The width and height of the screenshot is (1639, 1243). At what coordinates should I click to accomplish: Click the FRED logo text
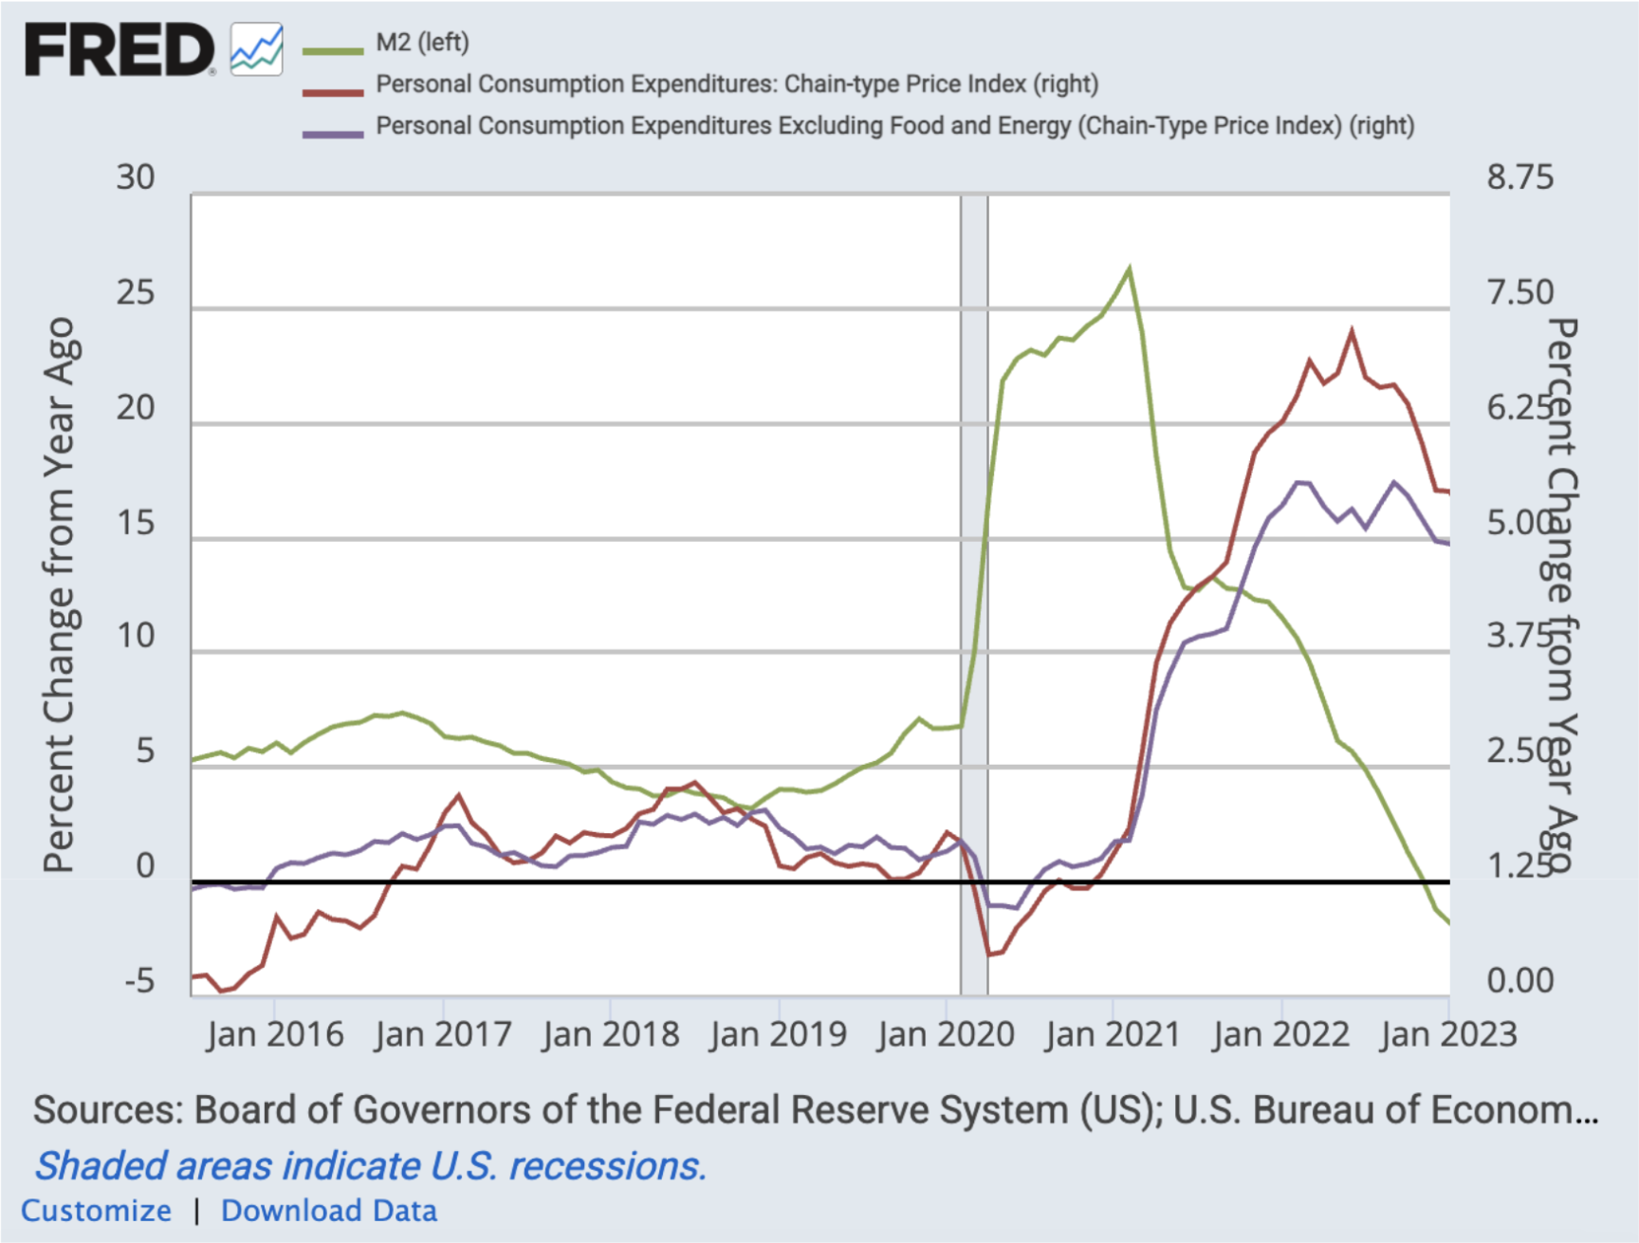pos(119,49)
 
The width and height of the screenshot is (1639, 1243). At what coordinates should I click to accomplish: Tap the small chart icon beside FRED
pos(257,49)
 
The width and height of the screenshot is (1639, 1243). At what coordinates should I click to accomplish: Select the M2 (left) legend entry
pos(422,43)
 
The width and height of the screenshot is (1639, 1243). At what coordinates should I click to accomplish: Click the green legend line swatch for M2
pos(333,50)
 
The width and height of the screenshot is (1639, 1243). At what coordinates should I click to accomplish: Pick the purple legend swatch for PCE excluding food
pos(333,134)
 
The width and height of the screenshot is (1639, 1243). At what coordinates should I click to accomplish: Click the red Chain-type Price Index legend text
pos(737,84)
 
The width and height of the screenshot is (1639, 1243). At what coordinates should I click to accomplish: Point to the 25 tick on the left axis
pos(136,293)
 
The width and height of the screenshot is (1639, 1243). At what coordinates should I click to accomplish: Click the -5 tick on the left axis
pos(139,981)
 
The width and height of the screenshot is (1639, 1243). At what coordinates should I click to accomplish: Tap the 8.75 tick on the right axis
pos(1519,177)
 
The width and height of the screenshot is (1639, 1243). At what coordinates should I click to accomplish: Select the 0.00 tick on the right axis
pos(1519,980)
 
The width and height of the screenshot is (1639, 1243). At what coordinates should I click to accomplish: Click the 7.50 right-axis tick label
pos(1519,292)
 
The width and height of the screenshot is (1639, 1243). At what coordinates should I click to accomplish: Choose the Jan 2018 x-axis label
pos(611,1034)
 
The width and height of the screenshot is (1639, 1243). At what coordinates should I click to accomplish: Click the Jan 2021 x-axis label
pos(1113,1034)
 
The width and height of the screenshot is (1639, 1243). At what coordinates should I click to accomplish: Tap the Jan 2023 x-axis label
pos(1448,1034)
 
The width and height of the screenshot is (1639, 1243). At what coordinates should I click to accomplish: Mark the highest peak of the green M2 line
pos(1129,269)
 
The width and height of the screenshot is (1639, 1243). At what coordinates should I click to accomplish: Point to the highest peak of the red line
pos(1352,331)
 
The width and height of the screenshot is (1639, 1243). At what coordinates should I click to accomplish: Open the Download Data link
pos(329,1211)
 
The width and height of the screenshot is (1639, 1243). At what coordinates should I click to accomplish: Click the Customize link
pos(97,1211)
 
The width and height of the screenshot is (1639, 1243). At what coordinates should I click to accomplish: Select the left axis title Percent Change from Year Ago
pos(59,595)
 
